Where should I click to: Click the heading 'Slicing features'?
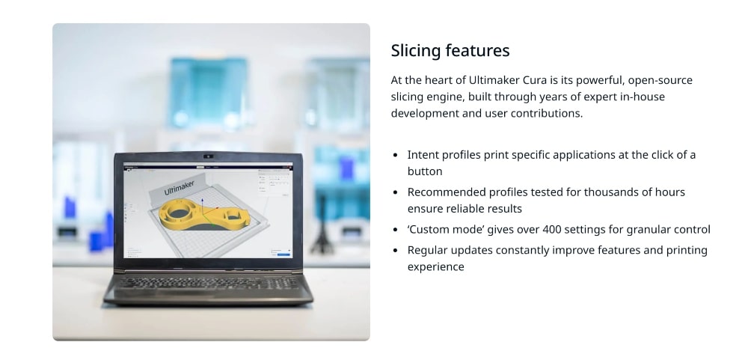tap(450, 50)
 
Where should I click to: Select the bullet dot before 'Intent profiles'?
tap(396, 156)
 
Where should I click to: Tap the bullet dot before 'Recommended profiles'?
tap(396, 193)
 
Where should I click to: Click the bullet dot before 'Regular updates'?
tap(396, 251)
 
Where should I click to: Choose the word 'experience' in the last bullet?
tap(435, 266)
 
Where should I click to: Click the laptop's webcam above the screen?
tap(208, 158)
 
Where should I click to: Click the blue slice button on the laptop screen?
tap(283, 254)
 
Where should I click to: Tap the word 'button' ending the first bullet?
tap(424, 171)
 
